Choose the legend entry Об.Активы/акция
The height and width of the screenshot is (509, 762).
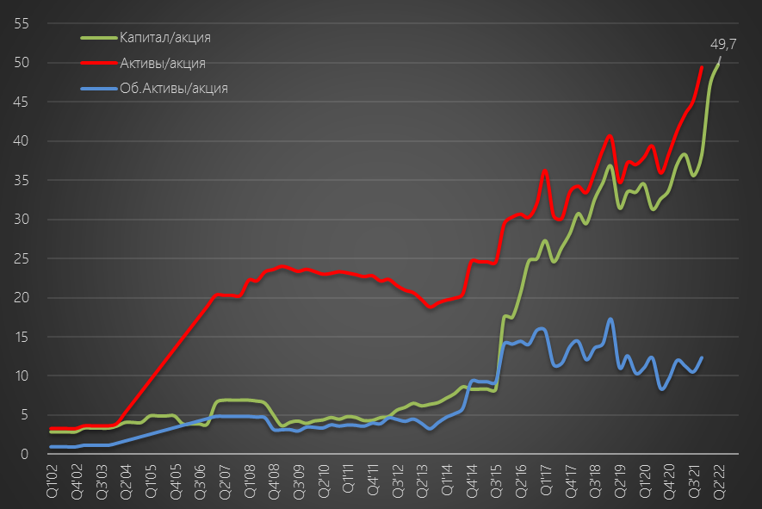(x=173, y=88)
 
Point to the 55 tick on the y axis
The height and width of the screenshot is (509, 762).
(x=22, y=23)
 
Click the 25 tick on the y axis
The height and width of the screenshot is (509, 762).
(x=22, y=258)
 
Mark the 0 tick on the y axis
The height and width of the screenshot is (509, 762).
(x=26, y=455)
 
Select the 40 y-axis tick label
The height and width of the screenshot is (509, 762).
(x=22, y=141)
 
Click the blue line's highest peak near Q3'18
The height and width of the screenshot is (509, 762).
(x=610, y=320)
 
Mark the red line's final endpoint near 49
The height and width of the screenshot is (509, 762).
(x=702, y=67)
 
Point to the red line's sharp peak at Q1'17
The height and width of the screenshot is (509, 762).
(x=545, y=170)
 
